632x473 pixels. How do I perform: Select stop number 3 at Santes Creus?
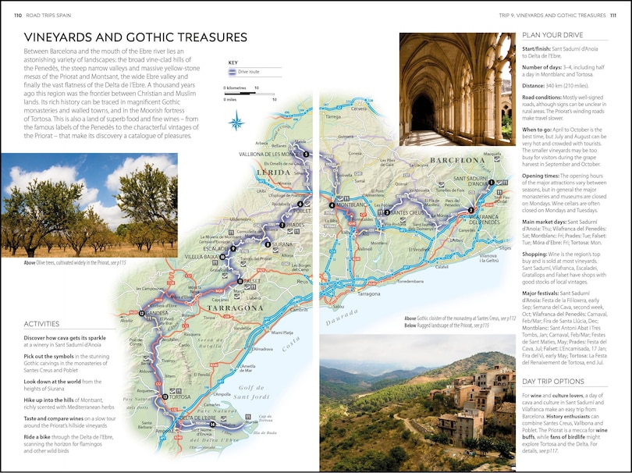tap(387, 212)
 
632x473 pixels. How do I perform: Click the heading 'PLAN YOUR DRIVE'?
tap(552, 35)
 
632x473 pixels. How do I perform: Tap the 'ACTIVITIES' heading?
tap(41, 323)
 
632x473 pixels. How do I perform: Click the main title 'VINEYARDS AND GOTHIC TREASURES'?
tap(136, 37)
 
